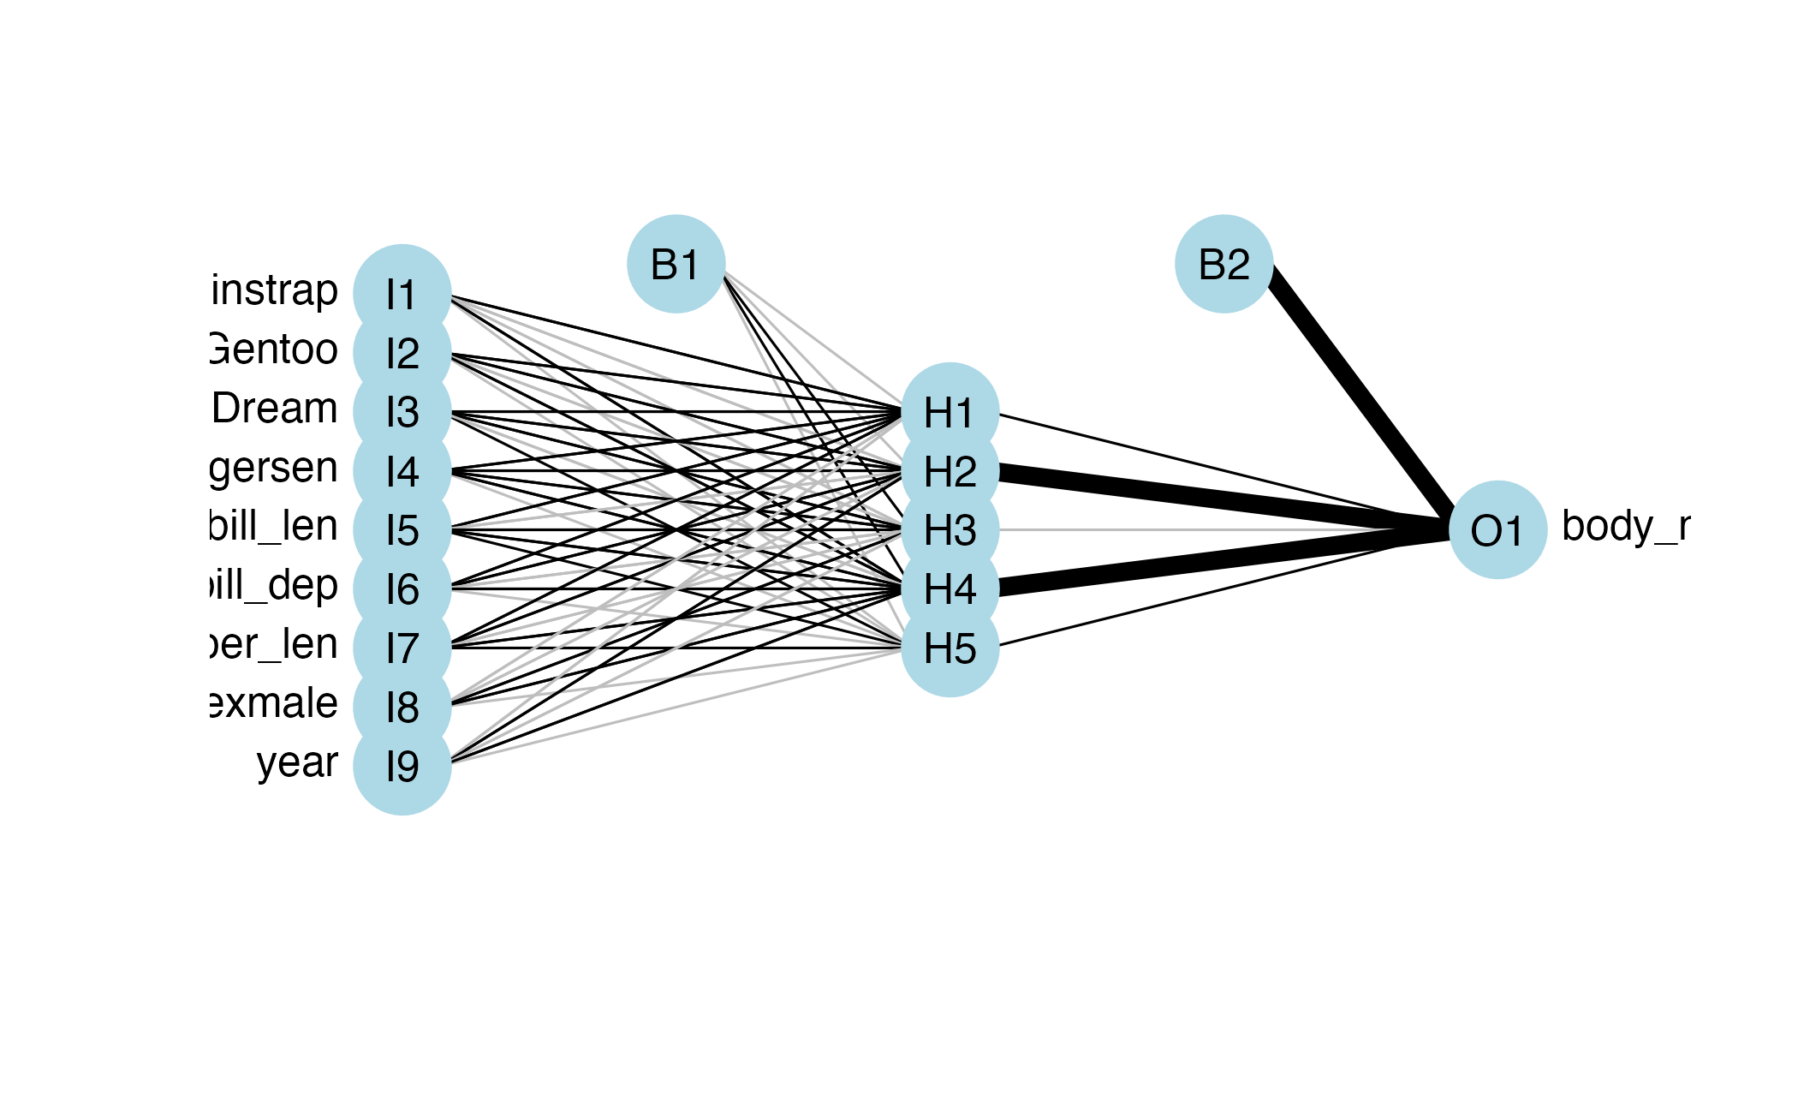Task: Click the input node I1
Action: (x=402, y=294)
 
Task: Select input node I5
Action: (x=402, y=530)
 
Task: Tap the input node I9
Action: (x=402, y=766)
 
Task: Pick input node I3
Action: (x=402, y=412)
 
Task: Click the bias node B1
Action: (x=676, y=264)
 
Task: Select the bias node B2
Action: (x=1223, y=264)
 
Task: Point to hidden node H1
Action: (x=950, y=412)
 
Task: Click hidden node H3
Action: (x=950, y=530)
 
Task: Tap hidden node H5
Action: (x=950, y=648)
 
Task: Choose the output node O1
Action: (x=1497, y=530)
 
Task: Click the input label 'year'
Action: (x=297, y=762)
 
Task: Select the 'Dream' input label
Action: (x=275, y=408)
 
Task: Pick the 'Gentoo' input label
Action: (x=274, y=349)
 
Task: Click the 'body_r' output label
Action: (x=1625, y=526)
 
